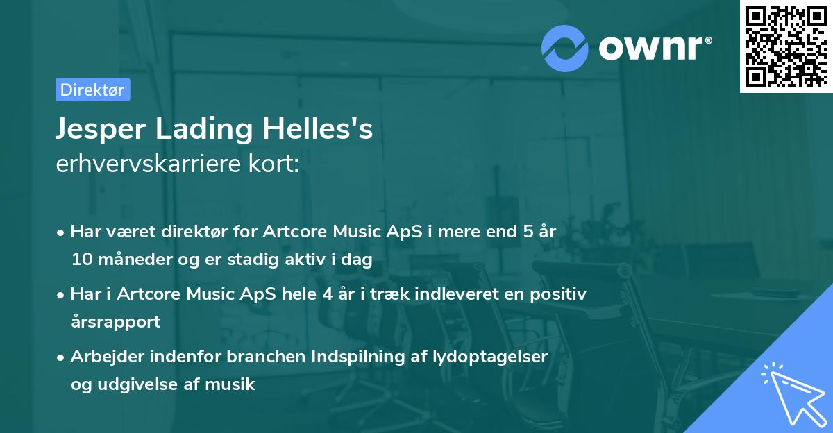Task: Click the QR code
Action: (x=785, y=46)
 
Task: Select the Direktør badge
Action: (x=92, y=90)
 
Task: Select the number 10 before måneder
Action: (x=80, y=260)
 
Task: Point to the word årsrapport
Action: (x=115, y=322)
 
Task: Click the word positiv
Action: (x=560, y=294)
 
